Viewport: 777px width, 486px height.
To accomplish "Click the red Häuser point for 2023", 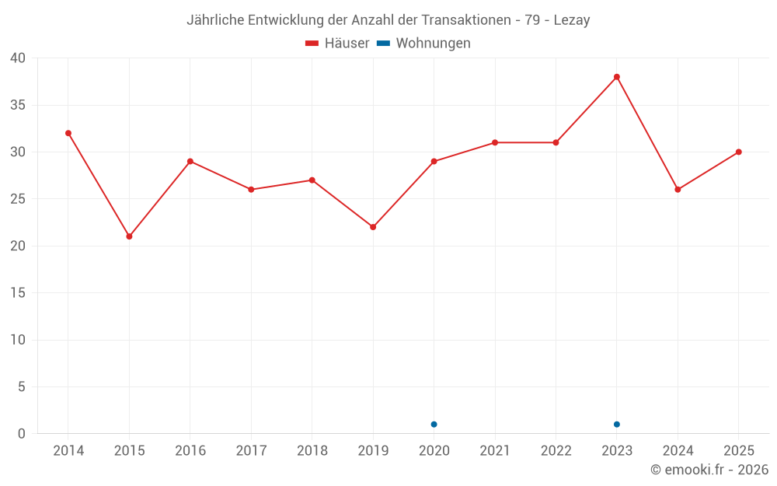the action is tap(616, 77).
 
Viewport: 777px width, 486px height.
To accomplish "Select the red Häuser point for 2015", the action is tap(129, 236).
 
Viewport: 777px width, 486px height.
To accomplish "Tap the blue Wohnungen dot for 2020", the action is tap(434, 425).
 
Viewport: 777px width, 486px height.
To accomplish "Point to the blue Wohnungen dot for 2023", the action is tap(616, 425).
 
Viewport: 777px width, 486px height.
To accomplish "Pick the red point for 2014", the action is tap(68, 134).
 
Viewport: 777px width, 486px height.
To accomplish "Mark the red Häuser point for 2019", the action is tap(373, 227).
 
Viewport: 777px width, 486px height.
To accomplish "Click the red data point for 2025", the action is tap(738, 152).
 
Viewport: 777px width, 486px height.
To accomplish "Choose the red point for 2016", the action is tap(190, 162).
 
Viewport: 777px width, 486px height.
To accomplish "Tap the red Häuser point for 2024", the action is tap(678, 190).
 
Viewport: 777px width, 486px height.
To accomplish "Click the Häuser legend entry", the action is tap(337, 43).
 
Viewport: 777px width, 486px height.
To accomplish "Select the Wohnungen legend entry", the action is tap(423, 43).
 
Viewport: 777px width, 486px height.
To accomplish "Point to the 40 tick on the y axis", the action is tap(17, 58).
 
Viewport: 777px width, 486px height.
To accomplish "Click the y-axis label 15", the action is tap(17, 292).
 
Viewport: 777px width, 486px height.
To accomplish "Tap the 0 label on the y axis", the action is tap(21, 433).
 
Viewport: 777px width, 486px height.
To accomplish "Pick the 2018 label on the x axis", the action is tap(312, 450).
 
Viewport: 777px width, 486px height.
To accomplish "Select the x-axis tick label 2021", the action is tap(495, 450).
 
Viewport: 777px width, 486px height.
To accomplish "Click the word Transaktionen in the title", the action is tap(465, 20).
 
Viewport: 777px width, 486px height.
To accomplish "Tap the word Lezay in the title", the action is tap(572, 20).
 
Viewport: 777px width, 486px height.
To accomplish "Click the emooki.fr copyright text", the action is tap(709, 469).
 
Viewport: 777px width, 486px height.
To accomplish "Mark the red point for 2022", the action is tap(556, 143).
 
